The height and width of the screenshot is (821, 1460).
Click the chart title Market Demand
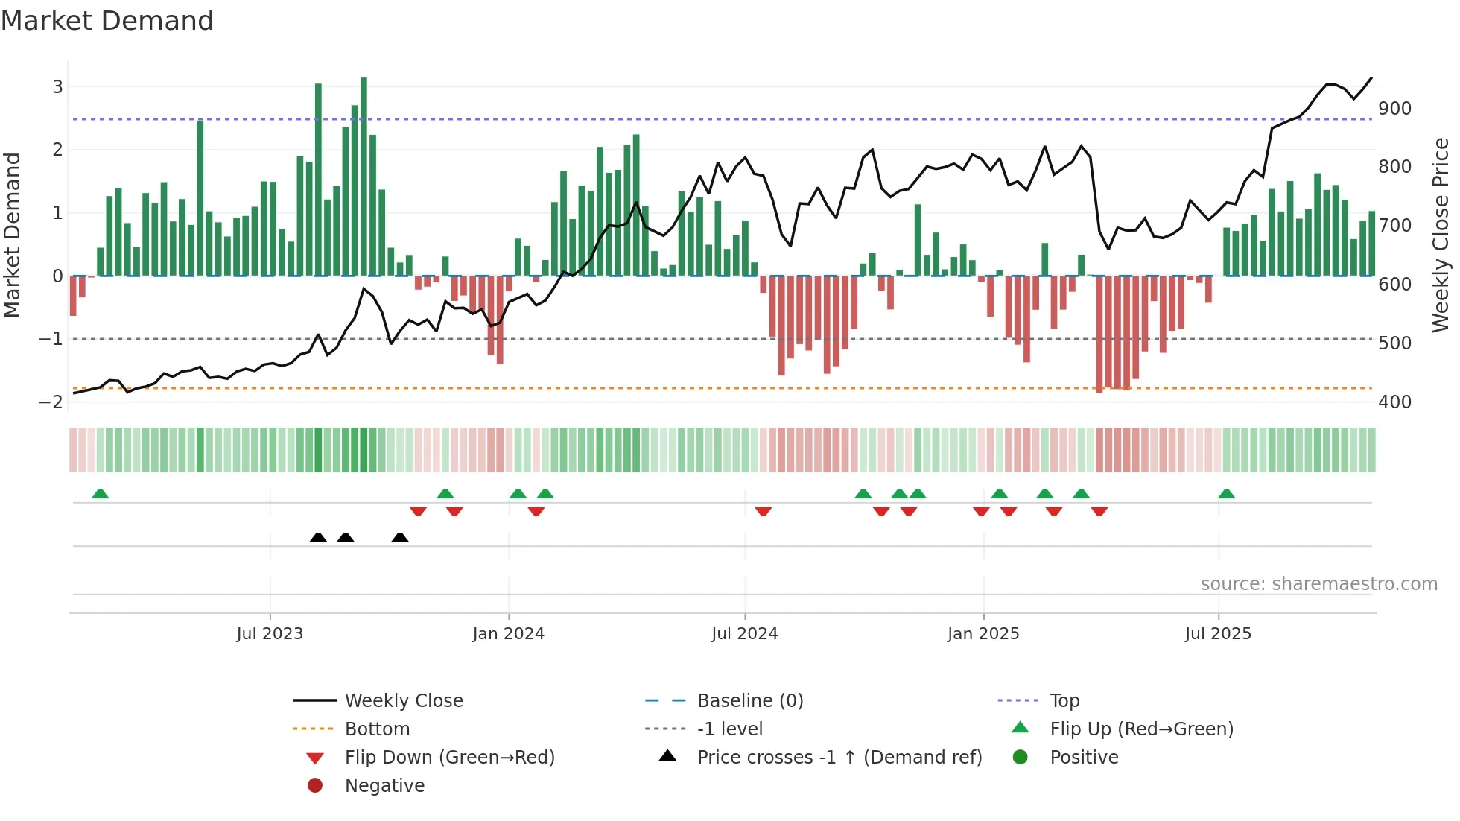[107, 21]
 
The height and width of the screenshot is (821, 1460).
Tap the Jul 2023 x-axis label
[270, 634]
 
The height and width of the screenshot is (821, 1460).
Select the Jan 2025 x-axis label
[983, 634]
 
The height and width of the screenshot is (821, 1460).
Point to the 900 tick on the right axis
[1394, 109]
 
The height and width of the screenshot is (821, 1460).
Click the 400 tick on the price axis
[1394, 402]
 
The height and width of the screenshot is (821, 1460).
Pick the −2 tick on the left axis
[51, 402]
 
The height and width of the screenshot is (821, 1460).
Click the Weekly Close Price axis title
[1441, 235]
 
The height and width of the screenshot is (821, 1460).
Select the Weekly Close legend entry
[403, 701]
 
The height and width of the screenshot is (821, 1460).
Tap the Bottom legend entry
[377, 729]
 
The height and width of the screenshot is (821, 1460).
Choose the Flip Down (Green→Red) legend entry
[449, 758]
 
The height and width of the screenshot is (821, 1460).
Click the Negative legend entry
[384, 786]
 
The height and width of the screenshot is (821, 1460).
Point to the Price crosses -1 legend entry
[839, 758]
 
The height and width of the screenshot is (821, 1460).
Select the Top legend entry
[1064, 701]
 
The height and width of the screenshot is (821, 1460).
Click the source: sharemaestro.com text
[1318, 584]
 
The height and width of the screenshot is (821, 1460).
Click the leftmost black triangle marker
[318, 538]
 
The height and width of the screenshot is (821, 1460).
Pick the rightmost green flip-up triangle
[1226, 494]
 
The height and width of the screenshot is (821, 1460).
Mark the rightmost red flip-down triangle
[1099, 511]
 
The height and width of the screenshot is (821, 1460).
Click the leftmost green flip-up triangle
[100, 494]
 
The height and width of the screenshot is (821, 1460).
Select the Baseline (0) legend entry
[749, 701]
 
